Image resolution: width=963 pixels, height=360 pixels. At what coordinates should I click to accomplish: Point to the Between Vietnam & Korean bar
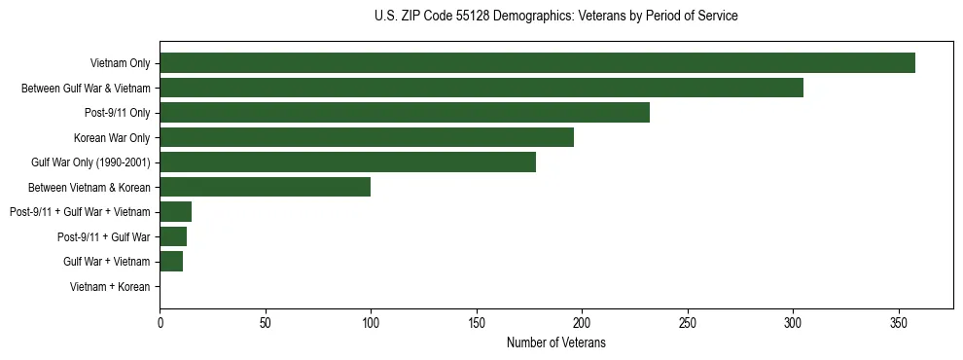point(265,187)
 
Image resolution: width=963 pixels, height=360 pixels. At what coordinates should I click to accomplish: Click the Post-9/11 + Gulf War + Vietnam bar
point(175,212)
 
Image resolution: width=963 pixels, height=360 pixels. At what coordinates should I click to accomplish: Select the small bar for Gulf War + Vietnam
point(171,261)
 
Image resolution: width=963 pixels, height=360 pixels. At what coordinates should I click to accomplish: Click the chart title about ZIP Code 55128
point(555,17)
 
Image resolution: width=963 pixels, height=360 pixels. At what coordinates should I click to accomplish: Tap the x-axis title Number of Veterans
point(555,342)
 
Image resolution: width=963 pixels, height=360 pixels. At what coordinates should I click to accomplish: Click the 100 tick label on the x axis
point(371,322)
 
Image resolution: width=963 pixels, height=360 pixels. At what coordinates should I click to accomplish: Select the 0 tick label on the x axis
point(160,322)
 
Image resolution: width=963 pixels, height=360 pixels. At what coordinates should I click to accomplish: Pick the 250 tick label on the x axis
point(688,322)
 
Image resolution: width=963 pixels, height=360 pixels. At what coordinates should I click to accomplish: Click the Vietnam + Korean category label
point(110,286)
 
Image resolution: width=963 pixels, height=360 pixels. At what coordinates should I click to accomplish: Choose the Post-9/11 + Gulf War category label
point(103,236)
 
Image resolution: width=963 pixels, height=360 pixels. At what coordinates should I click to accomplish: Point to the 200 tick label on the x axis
point(582,322)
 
